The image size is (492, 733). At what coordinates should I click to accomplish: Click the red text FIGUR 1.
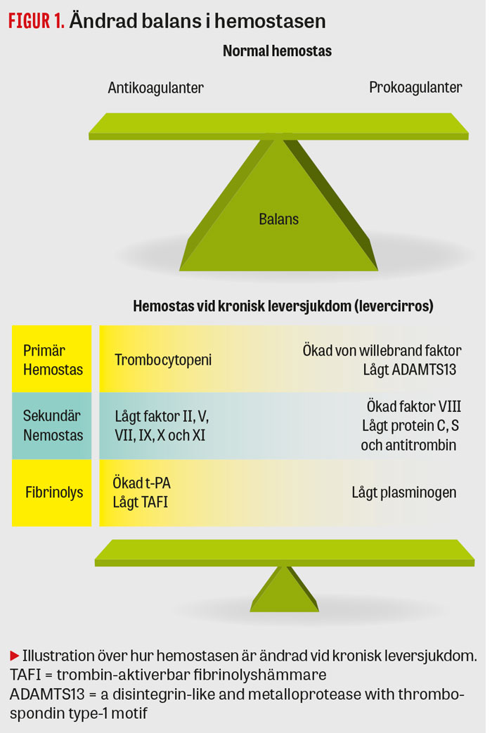36,21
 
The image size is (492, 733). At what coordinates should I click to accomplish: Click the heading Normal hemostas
277,51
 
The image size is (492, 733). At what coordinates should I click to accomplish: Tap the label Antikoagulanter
155,88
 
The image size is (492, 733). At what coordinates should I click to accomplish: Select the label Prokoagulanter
415,88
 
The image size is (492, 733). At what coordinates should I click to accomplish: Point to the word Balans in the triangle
278,219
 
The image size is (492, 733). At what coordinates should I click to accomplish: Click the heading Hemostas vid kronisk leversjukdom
283,307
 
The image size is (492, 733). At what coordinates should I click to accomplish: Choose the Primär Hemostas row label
52,359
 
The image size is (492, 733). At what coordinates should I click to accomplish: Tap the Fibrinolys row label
53,492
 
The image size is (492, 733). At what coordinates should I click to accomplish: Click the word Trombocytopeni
163,360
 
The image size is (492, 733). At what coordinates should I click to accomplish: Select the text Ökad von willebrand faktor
382,350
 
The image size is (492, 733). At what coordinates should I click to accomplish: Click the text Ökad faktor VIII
414,407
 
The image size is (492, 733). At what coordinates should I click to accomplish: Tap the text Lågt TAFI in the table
141,502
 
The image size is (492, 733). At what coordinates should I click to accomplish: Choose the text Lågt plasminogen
404,492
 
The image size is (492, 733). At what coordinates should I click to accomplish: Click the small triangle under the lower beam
284,590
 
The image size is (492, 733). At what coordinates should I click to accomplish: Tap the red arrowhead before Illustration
14,656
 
